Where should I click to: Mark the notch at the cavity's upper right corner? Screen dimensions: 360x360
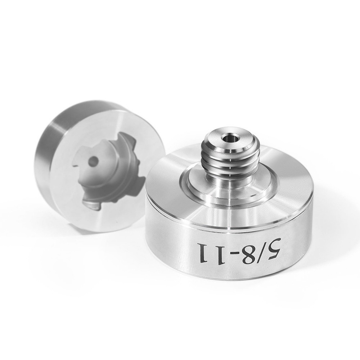124,139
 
